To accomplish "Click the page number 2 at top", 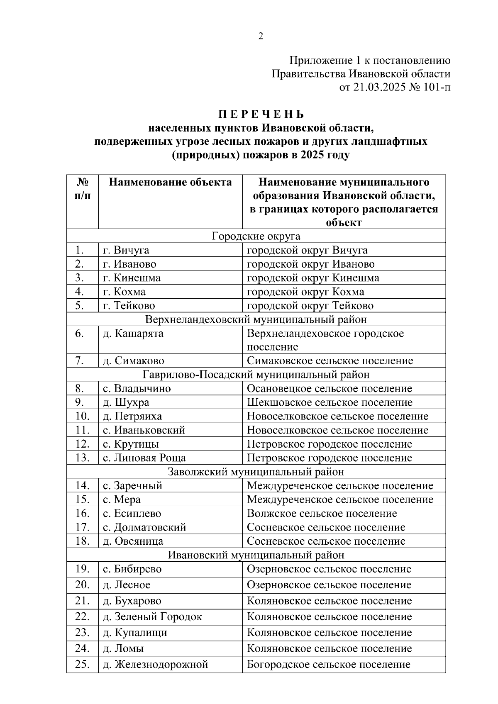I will coord(261,37).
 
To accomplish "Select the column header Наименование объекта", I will coord(170,183).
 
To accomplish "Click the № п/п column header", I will coord(83,189).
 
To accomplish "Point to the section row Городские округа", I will coord(256,236).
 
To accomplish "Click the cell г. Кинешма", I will coord(132,278).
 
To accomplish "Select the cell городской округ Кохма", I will coord(305,292).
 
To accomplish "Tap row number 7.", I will coord(80,361).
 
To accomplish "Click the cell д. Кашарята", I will coord(133,334).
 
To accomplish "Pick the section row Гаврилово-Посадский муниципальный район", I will coord(256,375).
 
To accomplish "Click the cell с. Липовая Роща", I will coord(144,458).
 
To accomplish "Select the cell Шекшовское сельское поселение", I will coord(330,402).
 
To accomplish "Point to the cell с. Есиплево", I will coord(132,514).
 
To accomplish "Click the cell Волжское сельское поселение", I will coord(322,514).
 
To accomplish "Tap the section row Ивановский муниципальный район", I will coord(256,555).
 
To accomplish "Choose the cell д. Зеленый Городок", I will coord(152,617).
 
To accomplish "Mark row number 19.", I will coord(83,569).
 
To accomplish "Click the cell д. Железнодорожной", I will coord(155,665).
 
